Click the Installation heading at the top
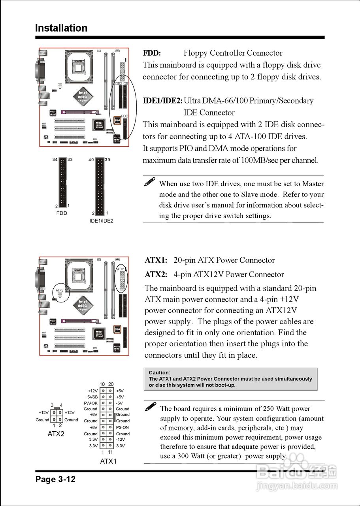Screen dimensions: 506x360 [61, 28]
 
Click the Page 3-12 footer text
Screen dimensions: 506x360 [55, 480]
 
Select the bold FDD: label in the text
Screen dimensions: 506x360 [152, 53]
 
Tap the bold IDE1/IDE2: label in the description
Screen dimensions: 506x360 [162, 101]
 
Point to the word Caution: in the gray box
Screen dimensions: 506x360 [160, 372]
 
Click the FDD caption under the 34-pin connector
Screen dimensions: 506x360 [62, 213]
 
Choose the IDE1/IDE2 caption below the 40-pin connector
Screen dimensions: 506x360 [101, 221]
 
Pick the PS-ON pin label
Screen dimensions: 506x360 [123, 427]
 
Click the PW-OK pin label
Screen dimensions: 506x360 [90, 403]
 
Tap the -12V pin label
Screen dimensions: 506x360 [121, 440]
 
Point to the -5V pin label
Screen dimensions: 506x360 [120, 403]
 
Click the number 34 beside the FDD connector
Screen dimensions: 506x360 [55, 160]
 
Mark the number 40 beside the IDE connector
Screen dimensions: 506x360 [91, 160]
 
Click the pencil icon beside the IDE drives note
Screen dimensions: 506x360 [149, 182]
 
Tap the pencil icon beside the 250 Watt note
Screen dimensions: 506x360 [151, 407]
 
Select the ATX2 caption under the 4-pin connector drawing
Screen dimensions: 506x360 [56, 434]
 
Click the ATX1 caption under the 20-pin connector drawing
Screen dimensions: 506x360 [108, 461]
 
